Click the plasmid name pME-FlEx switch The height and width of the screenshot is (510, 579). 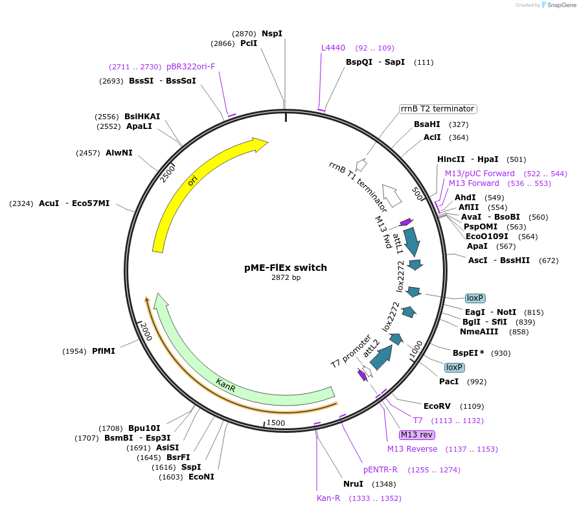[286, 268]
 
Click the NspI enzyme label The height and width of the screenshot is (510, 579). [272, 34]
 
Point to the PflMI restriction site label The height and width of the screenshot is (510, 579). [103, 351]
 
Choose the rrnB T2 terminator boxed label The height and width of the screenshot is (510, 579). [437, 109]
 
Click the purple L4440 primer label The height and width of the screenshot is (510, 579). [334, 48]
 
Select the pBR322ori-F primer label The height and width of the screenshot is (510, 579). [190, 67]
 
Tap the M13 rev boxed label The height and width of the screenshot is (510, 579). [417, 435]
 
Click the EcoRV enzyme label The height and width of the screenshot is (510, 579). [437, 406]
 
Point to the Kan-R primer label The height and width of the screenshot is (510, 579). [328, 498]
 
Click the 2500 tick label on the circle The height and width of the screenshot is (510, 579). [168, 173]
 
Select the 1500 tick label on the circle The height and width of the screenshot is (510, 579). [276, 423]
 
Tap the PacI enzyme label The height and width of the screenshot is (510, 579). [449, 382]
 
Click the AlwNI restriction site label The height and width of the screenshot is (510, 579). [119, 153]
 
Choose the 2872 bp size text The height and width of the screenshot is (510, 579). [286, 278]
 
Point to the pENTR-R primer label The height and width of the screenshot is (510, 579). [380, 470]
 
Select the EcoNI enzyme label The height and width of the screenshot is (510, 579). [201, 477]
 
